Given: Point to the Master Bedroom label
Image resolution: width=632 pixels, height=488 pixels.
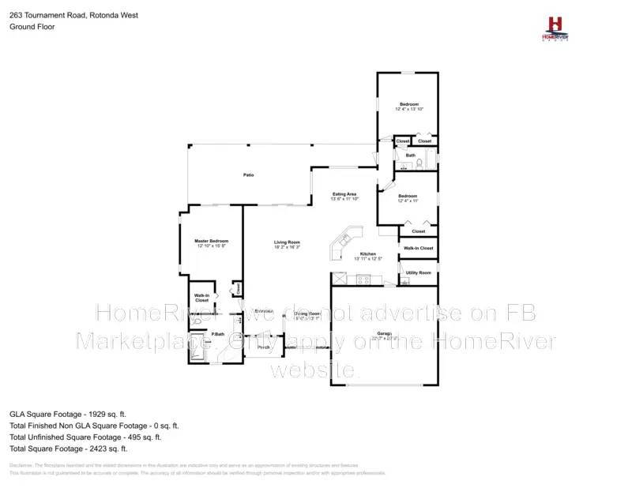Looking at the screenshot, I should [x=212, y=240].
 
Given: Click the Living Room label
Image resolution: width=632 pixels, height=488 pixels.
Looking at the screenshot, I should [x=288, y=242].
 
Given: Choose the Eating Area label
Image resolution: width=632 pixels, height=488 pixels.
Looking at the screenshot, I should [x=344, y=193].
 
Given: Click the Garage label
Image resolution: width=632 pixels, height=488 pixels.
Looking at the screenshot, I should [x=385, y=333].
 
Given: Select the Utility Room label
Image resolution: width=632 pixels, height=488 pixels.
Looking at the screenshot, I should [x=419, y=272].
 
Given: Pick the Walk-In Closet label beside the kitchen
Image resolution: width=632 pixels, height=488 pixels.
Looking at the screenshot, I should [x=418, y=248].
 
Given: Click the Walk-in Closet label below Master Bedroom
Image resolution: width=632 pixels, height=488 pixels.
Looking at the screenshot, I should [x=202, y=298].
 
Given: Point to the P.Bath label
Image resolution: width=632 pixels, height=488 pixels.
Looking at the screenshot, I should [x=218, y=336].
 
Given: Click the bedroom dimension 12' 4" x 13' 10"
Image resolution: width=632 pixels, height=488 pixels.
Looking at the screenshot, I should [x=409, y=109].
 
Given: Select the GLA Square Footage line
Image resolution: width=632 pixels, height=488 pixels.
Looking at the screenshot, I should [x=68, y=413].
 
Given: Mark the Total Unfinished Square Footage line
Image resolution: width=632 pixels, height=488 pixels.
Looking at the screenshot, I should [x=85, y=437].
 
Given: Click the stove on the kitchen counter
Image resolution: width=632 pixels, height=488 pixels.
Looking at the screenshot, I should [x=363, y=279].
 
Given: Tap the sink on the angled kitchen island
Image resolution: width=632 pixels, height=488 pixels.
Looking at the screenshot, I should [x=345, y=239].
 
